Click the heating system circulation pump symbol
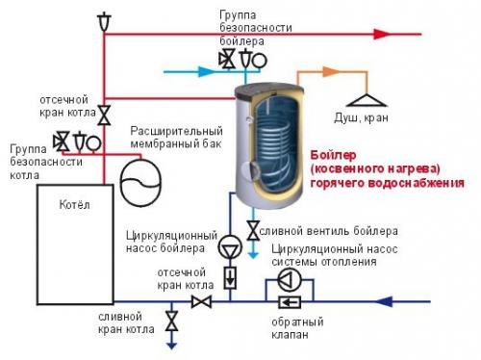pyautogui.click(x=286, y=279)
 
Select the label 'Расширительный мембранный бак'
pyautogui.click(x=161, y=137)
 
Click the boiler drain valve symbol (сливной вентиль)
pyautogui.click(x=252, y=230)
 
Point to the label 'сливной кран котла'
pyautogui.click(x=120, y=321)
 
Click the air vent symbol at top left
pyautogui.click(x=104, y=18)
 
